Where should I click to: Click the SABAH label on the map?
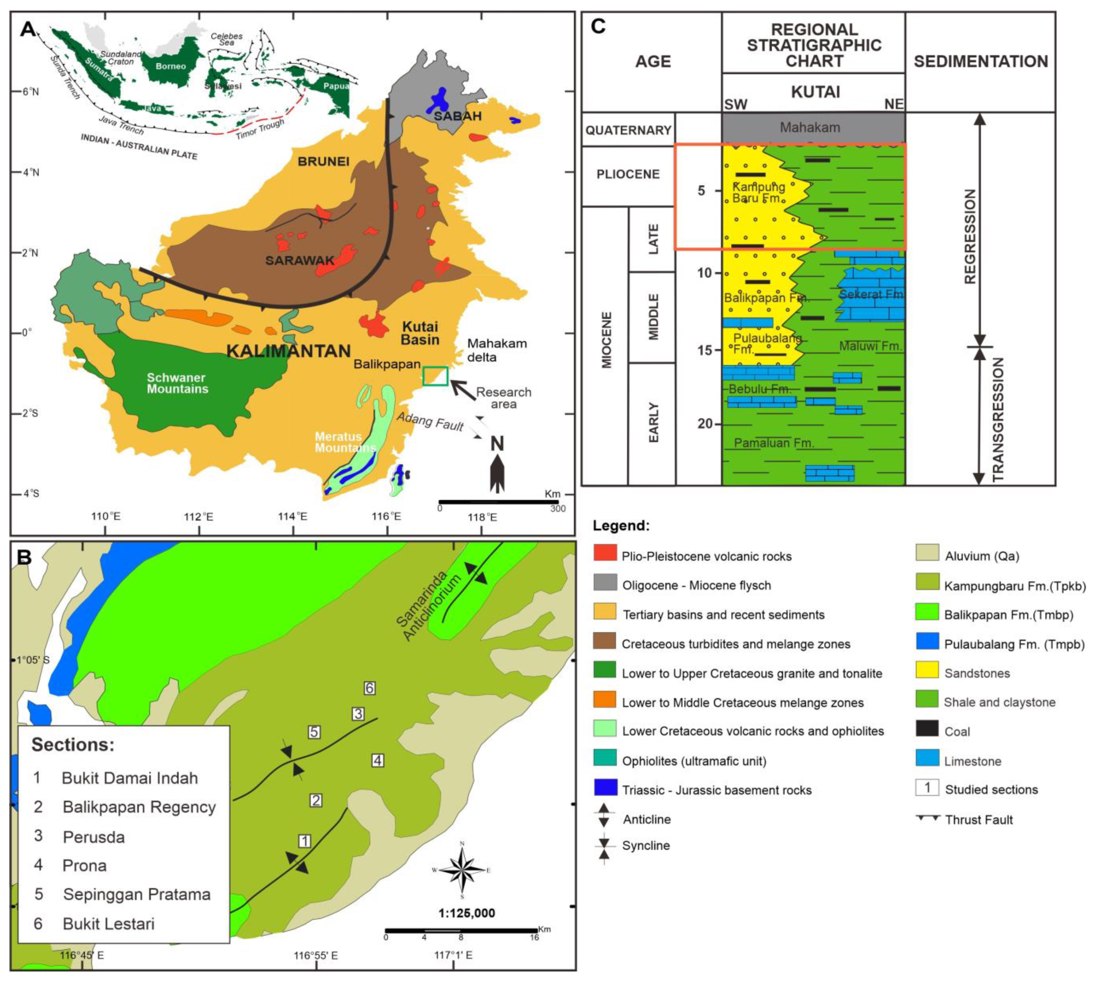(457, 116)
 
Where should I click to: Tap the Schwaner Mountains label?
(177, 383)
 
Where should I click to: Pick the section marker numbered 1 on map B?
(305, 841)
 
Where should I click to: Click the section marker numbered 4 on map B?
(378, 761)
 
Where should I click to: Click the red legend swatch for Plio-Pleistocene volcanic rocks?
(604, 552)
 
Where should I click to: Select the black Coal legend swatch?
(927, 728)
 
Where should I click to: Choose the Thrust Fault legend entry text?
(978, 820)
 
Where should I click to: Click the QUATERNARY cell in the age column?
(628, 130)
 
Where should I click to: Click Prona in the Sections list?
(85, 865)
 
